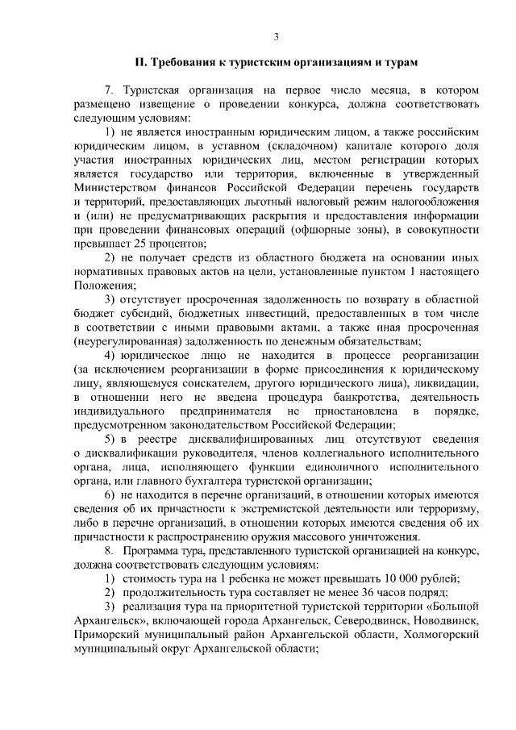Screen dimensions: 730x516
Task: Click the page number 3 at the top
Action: [276, 36]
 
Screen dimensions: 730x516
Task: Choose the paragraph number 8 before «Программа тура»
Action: [110, 549]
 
